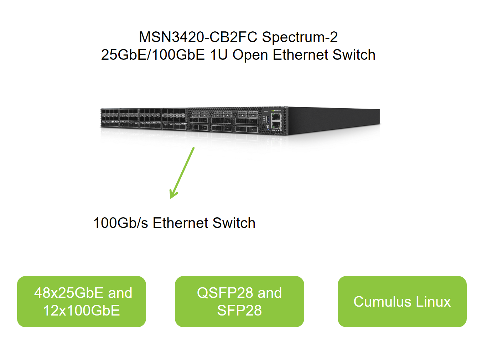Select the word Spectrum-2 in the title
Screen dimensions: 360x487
[300, 37]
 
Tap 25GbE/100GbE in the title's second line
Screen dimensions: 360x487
[153, 55]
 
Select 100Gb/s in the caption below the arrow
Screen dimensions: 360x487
[120, 223]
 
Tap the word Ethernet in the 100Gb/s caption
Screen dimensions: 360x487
[181, 223]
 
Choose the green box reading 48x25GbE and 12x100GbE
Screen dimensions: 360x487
[82, 302]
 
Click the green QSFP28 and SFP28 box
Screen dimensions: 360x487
[239, 302]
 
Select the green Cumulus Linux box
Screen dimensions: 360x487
[402, 302]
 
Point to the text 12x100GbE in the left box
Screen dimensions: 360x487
[82, 311]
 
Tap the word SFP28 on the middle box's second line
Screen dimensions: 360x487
[239, 311]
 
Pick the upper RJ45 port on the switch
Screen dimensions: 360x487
[276, 116]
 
